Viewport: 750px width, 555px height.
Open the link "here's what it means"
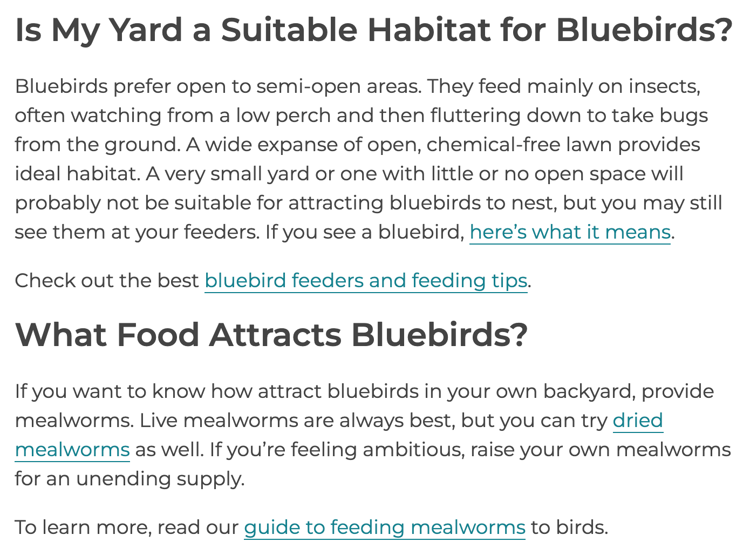570,232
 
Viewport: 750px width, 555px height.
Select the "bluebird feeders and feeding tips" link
366,281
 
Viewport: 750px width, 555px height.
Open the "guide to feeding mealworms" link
384,527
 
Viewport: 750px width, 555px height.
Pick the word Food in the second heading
158,335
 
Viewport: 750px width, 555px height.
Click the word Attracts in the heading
275,335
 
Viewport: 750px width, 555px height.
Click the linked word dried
638,421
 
